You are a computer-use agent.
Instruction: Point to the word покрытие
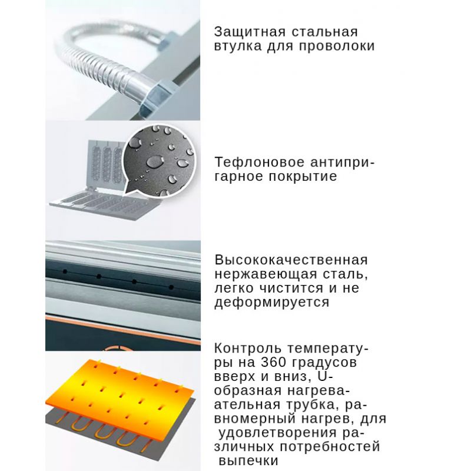[303, 176]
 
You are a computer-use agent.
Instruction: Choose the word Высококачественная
[291, 260]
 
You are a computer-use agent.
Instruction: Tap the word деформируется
[272, 303]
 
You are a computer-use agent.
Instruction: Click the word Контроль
[248, 349]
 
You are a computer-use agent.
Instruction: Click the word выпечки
[248, 461]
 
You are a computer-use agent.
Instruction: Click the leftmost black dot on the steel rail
[65, 272]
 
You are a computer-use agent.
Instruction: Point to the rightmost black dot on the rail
[171, 287]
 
